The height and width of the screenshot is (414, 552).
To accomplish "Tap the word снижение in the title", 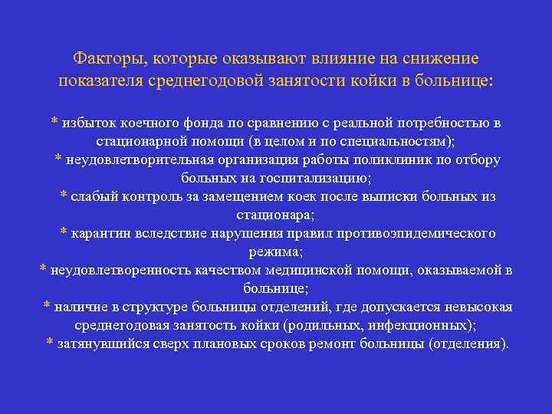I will point(443,58).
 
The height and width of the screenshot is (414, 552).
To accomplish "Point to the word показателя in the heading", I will point(102,80).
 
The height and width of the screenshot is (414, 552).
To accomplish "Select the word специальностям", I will point(396,141).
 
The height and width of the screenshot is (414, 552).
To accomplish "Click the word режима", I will point(275,251).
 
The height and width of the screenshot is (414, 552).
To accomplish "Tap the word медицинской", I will point(305,270).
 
